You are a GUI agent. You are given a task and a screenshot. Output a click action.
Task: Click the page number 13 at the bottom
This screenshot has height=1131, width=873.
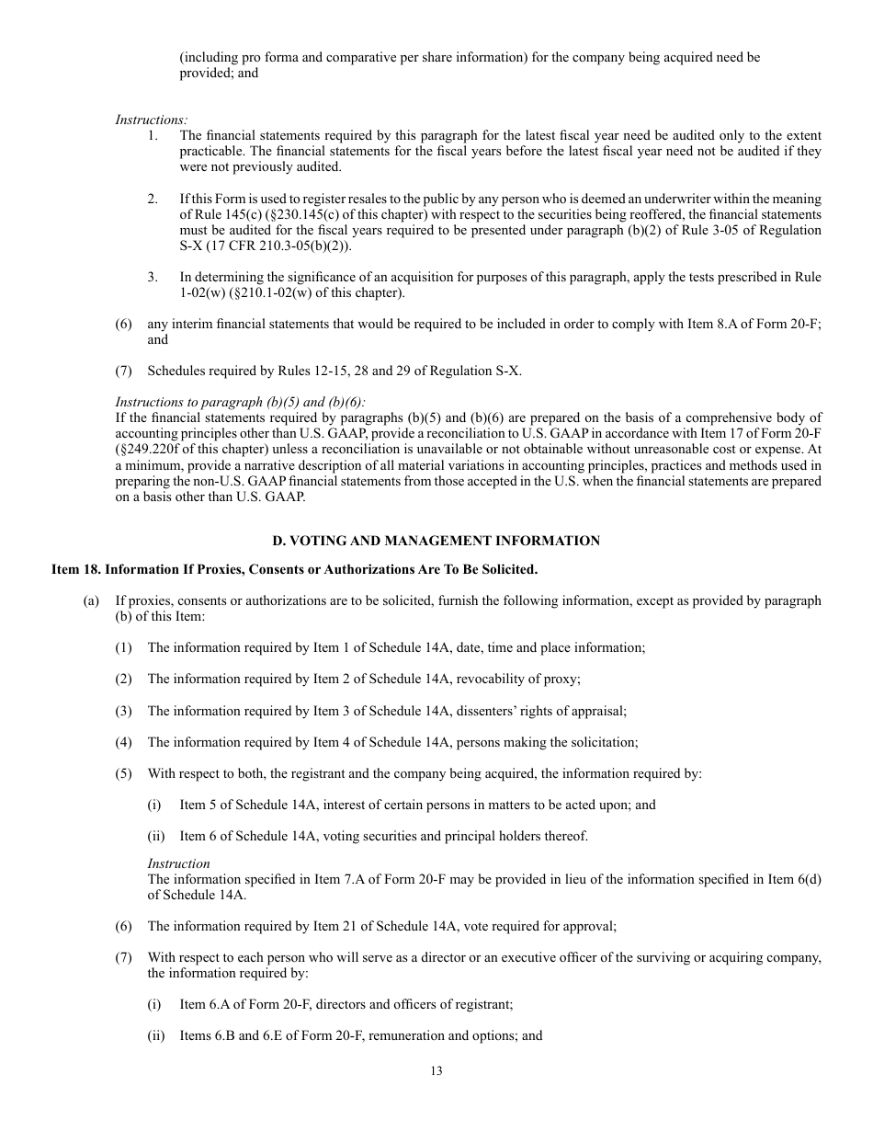(x=436, y=1070)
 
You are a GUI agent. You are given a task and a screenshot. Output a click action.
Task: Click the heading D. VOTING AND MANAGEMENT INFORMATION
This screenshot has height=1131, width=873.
(x=436, y=541)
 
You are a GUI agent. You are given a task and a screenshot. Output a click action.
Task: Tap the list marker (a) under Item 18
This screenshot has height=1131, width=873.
(x=91, y=600)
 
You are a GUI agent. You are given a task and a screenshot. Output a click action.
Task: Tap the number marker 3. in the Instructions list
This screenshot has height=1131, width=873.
(x=153, y=277)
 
